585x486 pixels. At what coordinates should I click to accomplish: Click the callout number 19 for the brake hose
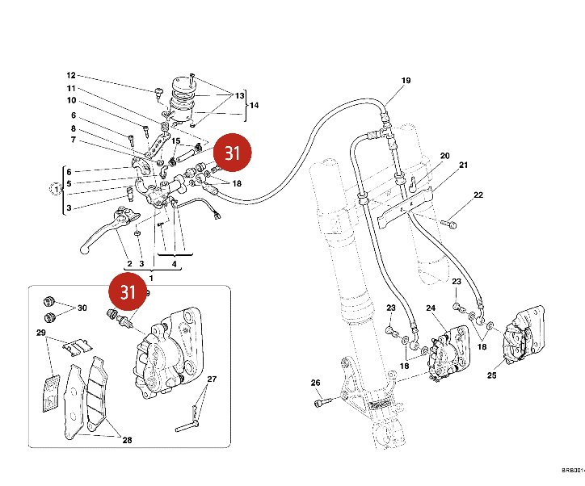coord(406,81)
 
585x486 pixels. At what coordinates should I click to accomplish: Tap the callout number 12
coord(71,74)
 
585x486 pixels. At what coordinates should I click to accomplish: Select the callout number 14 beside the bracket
coord(254,106)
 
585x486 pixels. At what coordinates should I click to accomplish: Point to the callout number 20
coord(444,156)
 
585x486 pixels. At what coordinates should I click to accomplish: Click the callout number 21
coord(463,165)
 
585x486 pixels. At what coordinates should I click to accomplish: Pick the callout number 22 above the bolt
coord(478,195)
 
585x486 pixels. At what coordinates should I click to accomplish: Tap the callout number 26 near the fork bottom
coord(315,383)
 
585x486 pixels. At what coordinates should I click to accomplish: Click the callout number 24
coord(431,308)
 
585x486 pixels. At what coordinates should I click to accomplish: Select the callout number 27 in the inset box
coord(212,379)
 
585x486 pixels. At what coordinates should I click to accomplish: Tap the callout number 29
coord(40,333)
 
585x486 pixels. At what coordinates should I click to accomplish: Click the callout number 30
coord(82,308)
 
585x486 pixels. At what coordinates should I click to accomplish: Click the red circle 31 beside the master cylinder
coord(233,153)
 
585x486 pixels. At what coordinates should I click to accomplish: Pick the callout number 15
coord(175,141)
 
